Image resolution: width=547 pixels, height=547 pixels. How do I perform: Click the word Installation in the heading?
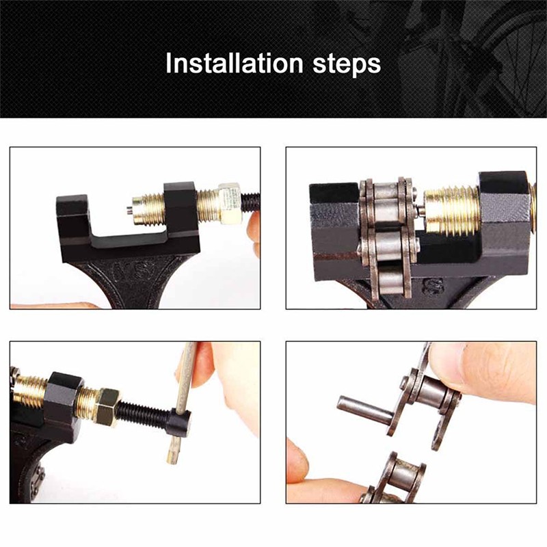pyautogui.click(x=234, y=64)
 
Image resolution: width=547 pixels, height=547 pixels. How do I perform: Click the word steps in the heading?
pyautogui.click(x=347, y=64)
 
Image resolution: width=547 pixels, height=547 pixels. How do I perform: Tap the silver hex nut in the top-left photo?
pyautogui.click(x=230, y=203)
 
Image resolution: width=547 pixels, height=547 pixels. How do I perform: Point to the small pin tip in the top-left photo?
pyautogui.click(x=129, y=211)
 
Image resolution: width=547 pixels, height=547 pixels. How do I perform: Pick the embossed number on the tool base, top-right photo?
pyautogui.click(x=432, y=285)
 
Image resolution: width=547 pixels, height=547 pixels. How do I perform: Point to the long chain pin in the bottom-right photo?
pyautogui.click(x=365, y=408)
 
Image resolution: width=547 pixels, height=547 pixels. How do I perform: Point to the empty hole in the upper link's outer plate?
pyautogui.click(x=437, y=441)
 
